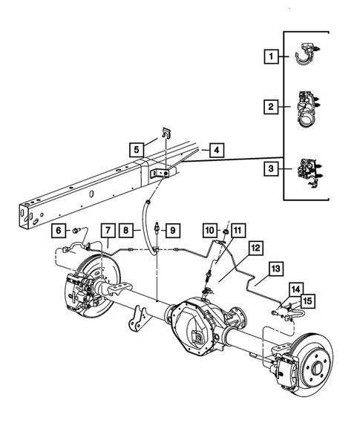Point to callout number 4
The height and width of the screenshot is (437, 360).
click(x=215, y=150)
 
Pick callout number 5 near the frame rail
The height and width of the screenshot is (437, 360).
click(x=137, y=149)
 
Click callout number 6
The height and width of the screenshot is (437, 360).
click(x=58, y=230)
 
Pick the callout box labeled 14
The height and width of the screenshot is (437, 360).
click(x=295, y=290)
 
